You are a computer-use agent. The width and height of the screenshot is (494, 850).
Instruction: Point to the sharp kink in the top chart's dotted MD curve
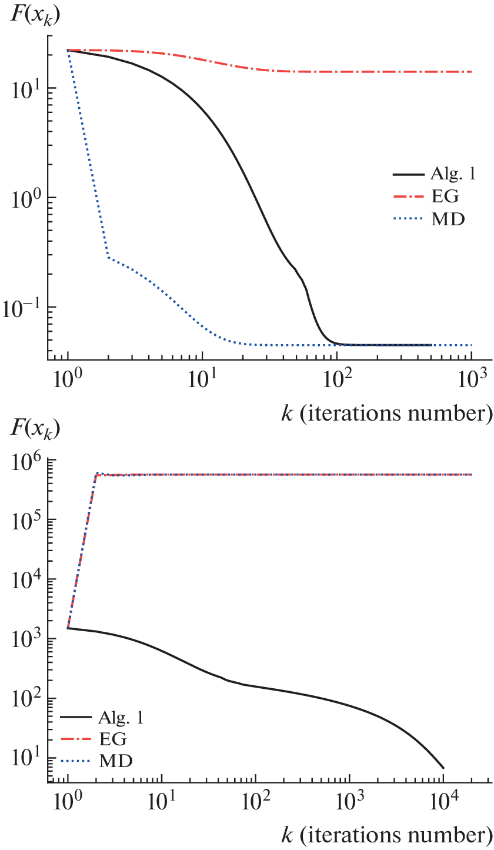click(108, 257)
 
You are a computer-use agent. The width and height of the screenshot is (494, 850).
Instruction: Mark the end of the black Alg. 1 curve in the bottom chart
click(443, 768)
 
